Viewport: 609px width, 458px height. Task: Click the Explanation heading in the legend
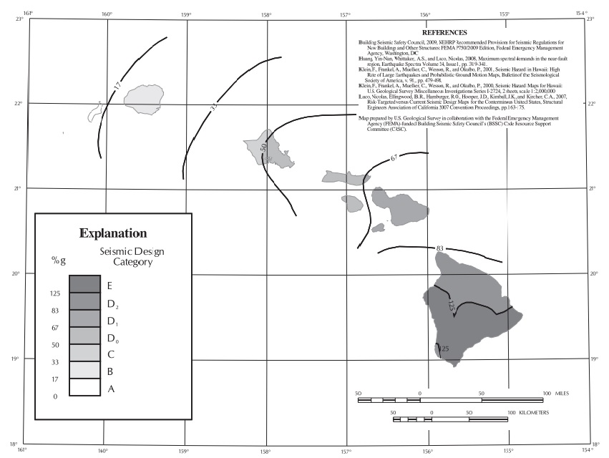113,233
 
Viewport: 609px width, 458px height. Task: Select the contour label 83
440,248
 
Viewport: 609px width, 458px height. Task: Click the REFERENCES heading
444,32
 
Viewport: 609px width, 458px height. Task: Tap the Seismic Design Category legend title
126,258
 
